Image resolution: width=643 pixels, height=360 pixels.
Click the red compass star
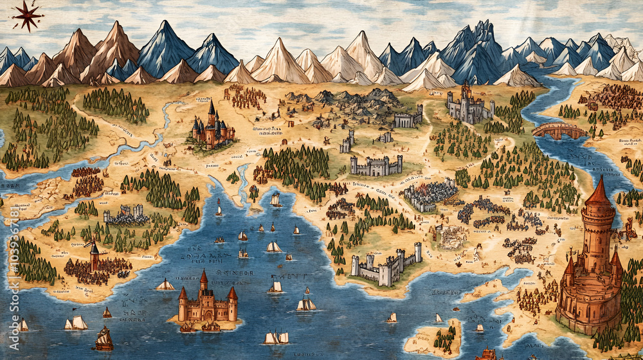coord(27,15)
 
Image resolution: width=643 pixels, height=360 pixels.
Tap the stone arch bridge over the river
coord(559,130)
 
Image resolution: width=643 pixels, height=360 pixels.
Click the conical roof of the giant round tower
coord(598,192)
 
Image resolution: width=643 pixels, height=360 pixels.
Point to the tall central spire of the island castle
coord(203,280)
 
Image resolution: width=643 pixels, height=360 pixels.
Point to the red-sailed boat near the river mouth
coord(219,208)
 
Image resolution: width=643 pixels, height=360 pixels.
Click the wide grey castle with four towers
coord(376,165)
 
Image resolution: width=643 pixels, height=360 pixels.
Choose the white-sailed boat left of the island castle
coord(165,285)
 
